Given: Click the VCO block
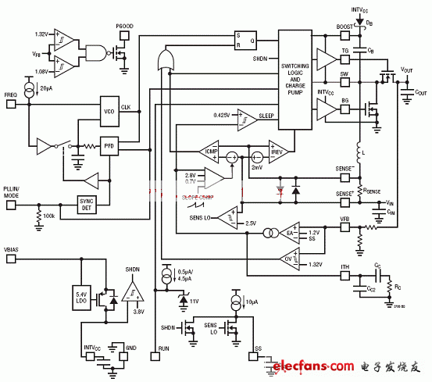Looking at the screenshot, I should [109, 111].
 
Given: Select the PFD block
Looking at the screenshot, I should [109, 145].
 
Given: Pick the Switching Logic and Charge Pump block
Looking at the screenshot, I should [300, 77].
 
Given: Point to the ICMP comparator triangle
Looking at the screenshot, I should [212, 152].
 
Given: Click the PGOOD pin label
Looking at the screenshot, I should [125, 27].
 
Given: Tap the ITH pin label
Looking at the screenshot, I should [345, 267].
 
